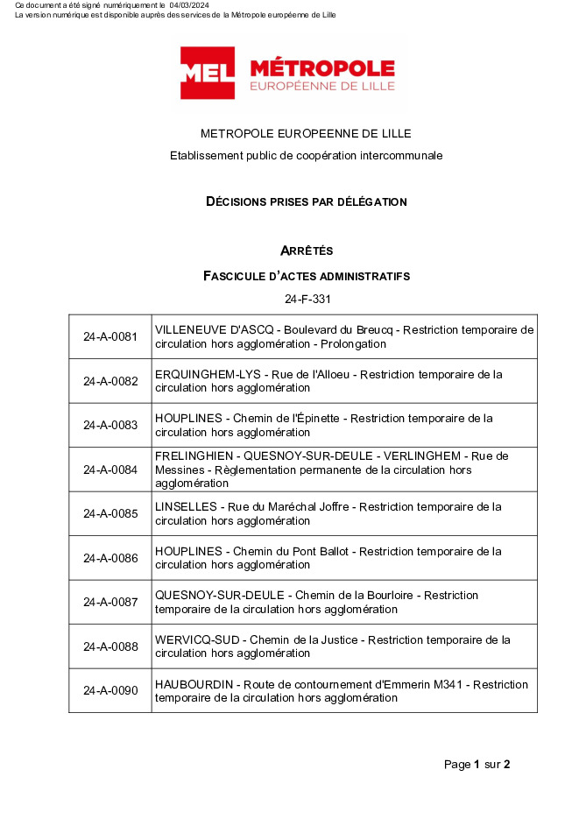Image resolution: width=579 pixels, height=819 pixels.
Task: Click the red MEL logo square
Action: coord(208,73)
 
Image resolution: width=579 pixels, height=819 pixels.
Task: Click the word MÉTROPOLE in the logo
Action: coord(321,68)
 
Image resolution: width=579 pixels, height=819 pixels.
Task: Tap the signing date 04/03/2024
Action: coord(188,6)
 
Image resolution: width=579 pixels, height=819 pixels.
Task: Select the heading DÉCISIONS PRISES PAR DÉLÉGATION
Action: coord(306,201)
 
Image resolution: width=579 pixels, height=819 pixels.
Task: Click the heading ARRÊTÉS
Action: coord(307,251)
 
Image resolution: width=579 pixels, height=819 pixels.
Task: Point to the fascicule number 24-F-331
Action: coord(307,299)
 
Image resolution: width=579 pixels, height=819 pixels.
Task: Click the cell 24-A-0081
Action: coord(110,337)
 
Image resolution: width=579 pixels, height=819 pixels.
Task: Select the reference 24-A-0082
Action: coord(110,381)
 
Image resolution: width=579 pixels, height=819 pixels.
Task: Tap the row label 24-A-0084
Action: coord(110,470)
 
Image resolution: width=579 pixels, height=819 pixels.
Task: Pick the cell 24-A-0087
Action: coord(110,602)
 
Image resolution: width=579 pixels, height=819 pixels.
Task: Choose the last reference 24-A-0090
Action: coord(110,690)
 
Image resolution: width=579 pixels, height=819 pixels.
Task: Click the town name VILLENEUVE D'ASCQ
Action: coord(203,330)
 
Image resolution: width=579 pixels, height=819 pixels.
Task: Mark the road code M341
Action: coord(455,684)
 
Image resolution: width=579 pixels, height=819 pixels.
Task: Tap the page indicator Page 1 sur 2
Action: coord(477,764)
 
